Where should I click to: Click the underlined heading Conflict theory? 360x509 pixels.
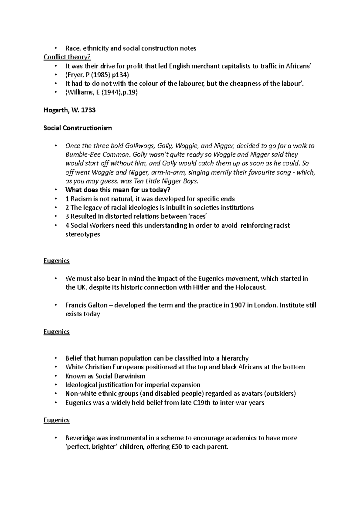[x=67, y=57]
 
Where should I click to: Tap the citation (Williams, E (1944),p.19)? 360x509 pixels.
[x=101, y=92]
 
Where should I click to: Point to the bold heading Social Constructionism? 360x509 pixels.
[x=77, y=128]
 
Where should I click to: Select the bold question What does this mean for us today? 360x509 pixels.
[x=118, y=190]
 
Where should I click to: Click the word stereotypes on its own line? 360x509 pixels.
[x=82, y=234]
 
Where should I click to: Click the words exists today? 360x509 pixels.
[x=82, y=314]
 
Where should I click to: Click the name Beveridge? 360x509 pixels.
[x=79, y=438]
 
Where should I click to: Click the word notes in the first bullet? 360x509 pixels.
[x=188, y=48]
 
